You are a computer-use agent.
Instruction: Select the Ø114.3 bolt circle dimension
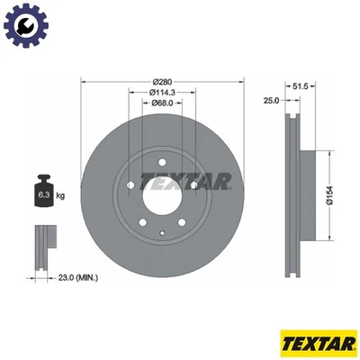click(x=163, y=93)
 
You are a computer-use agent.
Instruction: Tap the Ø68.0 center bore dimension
click(x=163, y=103)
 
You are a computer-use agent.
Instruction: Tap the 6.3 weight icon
click(x=42, y=192)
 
